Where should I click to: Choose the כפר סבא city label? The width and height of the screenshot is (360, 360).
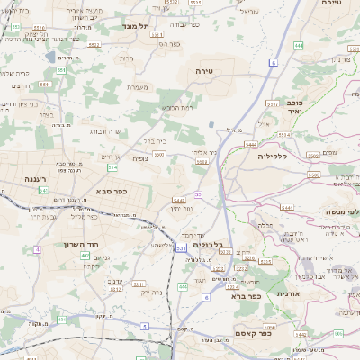coord(111,191)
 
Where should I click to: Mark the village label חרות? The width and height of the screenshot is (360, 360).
coord(126,58)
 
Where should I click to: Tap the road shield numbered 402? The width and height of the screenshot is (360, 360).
coord(86,256)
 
